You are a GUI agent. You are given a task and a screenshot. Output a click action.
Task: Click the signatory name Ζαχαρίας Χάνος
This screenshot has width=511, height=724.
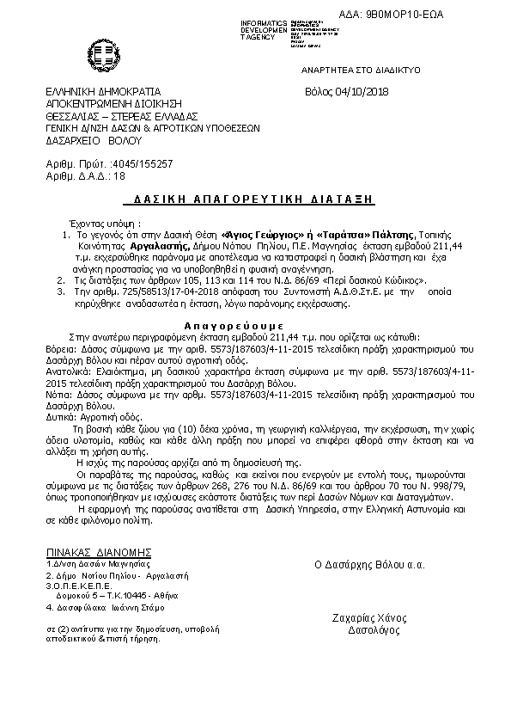click(x=369, y=618)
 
